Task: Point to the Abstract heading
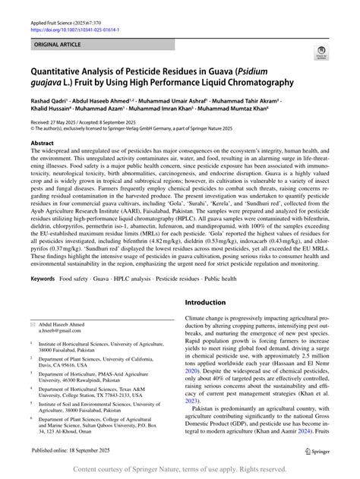42,143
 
